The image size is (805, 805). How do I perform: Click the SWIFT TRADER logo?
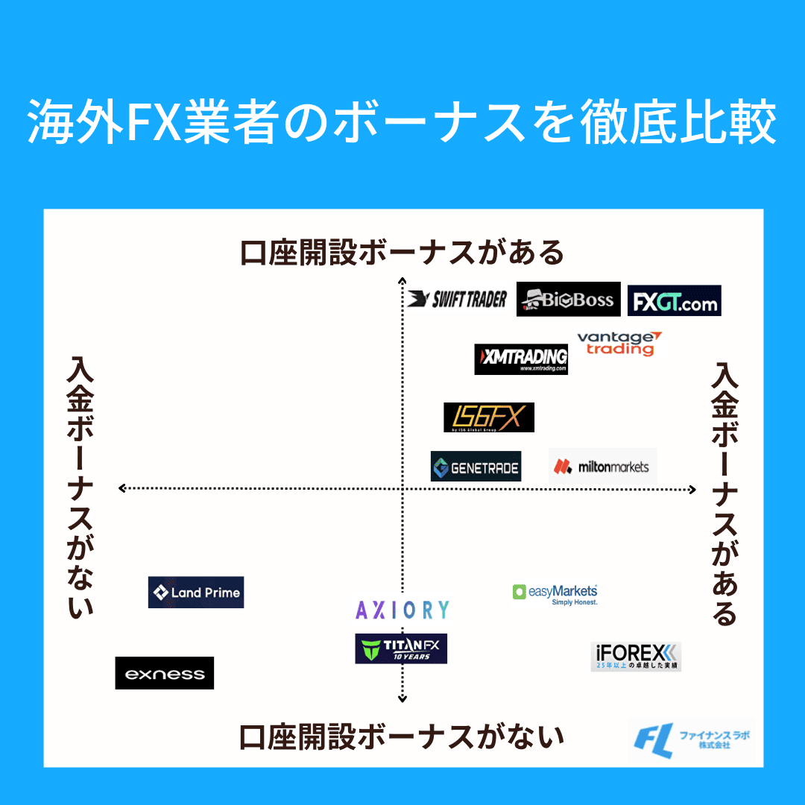click(x=458, y=299)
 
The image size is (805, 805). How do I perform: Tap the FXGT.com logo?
click(x=674, y=301)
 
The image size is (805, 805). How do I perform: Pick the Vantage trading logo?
click(x=618, y=343)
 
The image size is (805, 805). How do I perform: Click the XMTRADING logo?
click(x=521, y=359)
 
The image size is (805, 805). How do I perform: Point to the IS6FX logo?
click(x=489, y=417)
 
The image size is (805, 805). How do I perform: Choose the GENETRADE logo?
click(x=476, y=467)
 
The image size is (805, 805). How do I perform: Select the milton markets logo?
click(x=602, y=467)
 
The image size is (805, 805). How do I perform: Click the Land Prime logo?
click(x=196, y=593)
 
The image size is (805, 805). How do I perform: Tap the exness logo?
click(x=165, y=673)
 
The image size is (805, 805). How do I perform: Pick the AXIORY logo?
click(x=402, y=610)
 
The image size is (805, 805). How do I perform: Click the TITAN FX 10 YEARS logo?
click(x=401, y=648)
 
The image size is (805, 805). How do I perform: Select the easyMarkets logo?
click(x=555, y=593)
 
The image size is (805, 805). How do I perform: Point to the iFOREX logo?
click(x=636, y=656)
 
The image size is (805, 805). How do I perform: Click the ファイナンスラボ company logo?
click(x=691, y=740)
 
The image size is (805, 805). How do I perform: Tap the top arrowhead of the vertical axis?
click(x=402, y=280)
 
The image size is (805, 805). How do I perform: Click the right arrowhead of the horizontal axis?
click(x=692, y=490)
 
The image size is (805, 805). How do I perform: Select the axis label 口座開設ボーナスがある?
click(x=402, y=253)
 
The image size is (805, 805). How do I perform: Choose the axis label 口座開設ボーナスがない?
click(x=402, y=737)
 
